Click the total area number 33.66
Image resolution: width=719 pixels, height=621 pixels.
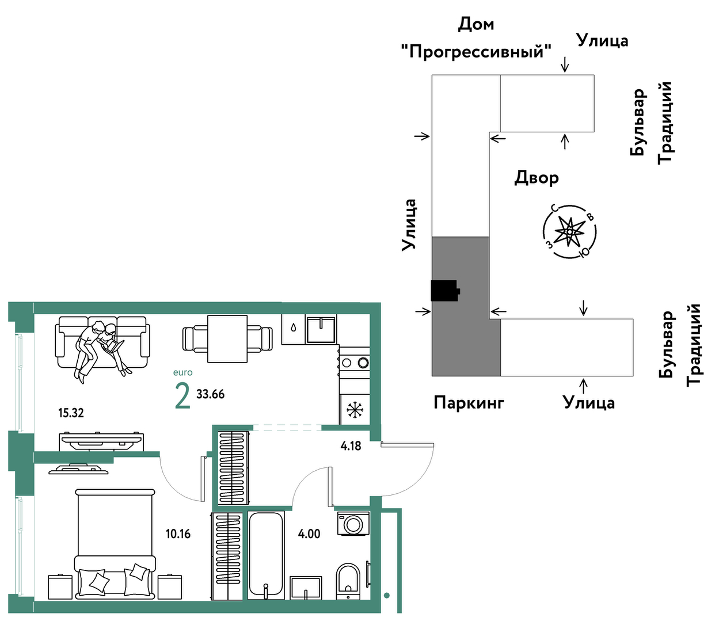click(x=210, y=394)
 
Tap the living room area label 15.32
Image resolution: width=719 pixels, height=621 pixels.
click(x=71, y=413)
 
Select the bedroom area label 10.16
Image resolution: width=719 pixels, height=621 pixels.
click(x=178, y=534)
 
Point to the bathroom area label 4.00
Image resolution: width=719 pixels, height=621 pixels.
click(x=309, y=534)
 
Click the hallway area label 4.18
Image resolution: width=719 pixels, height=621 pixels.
click(x=351, y=445)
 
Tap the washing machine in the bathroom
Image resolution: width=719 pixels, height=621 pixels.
click(x=352, y=524)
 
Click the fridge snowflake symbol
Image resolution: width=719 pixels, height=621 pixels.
click(x=355, y=410)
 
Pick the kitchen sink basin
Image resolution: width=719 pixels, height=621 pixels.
click(x=321, y=330)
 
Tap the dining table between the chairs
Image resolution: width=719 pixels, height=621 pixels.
click(x=227, y=338)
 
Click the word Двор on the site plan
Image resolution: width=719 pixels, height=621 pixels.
click(x=536, y=178)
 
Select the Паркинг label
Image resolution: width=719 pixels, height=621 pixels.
click(x=469, y=402)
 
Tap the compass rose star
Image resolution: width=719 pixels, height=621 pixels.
click(x=569, y=232)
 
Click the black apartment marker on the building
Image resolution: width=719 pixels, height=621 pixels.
click(x=444, y=291)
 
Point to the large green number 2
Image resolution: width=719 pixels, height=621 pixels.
click(x=182, y=396)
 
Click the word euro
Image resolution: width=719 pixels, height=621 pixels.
click(x=183, y=372)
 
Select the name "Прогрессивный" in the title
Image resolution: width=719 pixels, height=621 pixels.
click(x=475, y=52)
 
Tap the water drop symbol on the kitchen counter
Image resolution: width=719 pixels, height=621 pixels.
click(x=294, y=327)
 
